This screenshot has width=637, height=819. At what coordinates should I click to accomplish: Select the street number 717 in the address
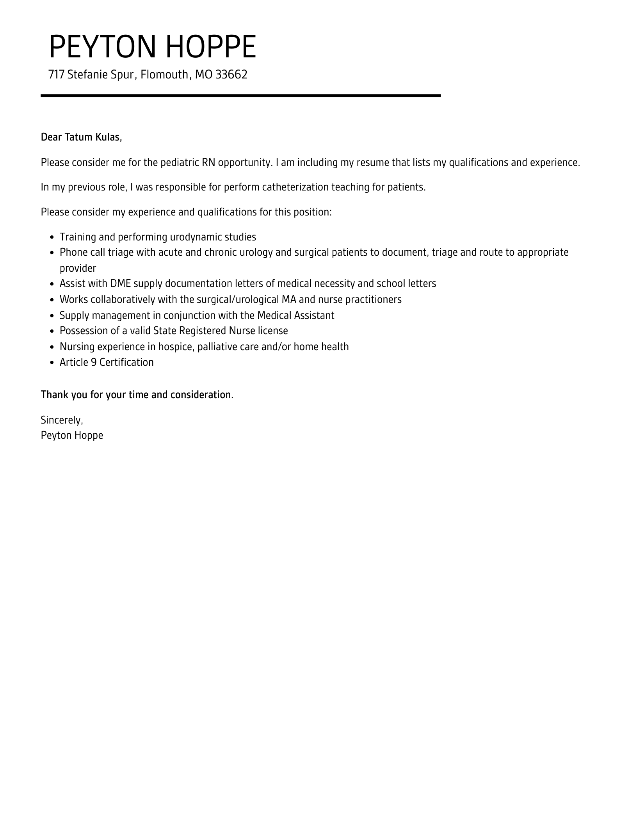pyautogui.click(x=56, y=74)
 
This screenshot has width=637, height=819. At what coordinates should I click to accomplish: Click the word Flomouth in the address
pyautogui.click(x=164, y=74)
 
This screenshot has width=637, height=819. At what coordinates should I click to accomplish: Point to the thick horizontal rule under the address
pyautogui.click(x=240, y=96)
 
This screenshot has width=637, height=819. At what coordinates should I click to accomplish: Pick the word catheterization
pyautogui.click(x=295, y=187)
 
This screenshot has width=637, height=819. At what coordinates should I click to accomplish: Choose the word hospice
pyautogui.click(x=176, y=347)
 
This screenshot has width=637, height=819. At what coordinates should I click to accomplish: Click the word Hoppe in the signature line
pyautogui.click(x=89, y=435)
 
